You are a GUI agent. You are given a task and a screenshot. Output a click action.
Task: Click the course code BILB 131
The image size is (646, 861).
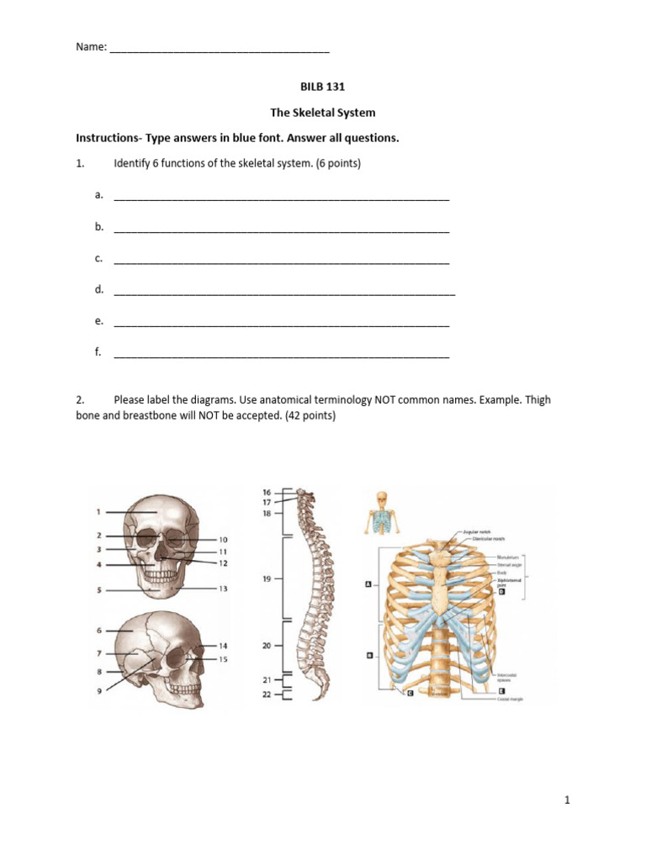pos(322,86)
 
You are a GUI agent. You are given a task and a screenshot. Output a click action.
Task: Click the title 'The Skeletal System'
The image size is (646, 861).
pos(322,112)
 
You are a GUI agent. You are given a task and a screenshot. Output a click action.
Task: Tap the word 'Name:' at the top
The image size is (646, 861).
pos(91,49)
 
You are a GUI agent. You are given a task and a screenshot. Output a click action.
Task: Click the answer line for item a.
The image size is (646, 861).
pos(281,198)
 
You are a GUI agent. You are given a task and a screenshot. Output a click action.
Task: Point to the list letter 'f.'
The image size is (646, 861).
pos(98,352)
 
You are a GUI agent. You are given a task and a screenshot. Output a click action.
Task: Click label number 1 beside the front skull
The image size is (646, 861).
pos(98,511)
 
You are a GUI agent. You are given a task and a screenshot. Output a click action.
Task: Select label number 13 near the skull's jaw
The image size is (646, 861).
pos(223,589)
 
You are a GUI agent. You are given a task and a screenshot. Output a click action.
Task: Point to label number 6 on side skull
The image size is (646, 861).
pos(98,630)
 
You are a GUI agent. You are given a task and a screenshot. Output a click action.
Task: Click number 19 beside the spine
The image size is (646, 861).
pos(267,578)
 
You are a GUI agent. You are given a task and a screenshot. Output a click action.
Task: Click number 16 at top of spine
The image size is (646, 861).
pos(267,491)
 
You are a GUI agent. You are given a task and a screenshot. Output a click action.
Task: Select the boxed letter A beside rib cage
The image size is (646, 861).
pos(368,584)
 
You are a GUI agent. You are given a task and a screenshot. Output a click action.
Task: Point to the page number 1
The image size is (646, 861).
pos(568,800)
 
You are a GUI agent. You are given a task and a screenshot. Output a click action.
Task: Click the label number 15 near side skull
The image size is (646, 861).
pos(223,659)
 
